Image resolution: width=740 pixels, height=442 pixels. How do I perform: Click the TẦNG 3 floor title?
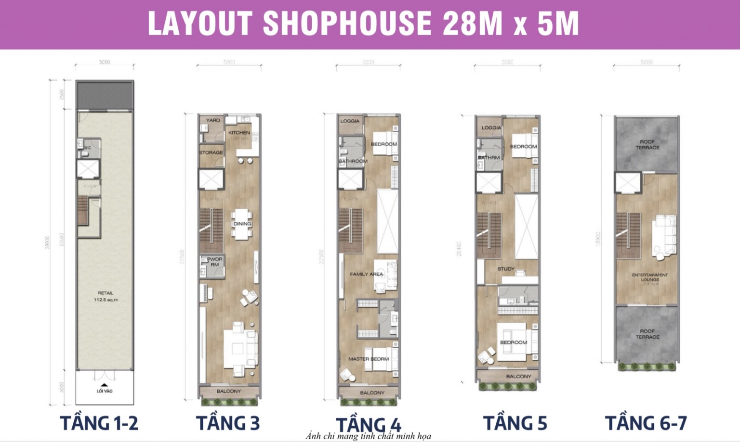pos(227,423)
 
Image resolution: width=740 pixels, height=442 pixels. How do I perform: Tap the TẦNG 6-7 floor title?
pos(646,423)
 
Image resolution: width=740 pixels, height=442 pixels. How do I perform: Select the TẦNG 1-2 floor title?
pos(99,423)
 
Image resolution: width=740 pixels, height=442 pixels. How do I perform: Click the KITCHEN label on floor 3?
pos(239,133)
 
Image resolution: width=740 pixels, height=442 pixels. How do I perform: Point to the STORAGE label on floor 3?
pos(211,152)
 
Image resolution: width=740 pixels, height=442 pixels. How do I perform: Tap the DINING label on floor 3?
pos(242,224)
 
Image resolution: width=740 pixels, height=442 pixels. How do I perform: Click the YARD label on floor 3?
pos(212,120)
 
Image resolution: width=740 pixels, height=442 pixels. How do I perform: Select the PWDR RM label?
pos(214,262)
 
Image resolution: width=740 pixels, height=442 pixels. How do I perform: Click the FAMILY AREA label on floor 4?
pos(366,274)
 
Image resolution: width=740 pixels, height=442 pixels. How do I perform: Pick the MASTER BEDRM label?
pos(369,359)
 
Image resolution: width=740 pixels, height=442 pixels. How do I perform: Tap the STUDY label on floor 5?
pos(506,269)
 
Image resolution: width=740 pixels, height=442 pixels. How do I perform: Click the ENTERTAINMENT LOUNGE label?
pos(650,277)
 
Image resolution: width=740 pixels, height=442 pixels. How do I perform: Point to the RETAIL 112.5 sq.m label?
pos(106,296)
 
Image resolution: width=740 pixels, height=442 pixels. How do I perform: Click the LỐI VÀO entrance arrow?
pos(104,385)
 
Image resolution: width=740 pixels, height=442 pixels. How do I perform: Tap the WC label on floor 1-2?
pos(88,148)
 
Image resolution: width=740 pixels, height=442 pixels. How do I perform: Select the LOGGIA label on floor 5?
pos(491,127)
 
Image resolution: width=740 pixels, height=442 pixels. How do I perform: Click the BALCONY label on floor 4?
pos(372,393)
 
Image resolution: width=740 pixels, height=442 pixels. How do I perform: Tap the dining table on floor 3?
pos(241,224)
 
